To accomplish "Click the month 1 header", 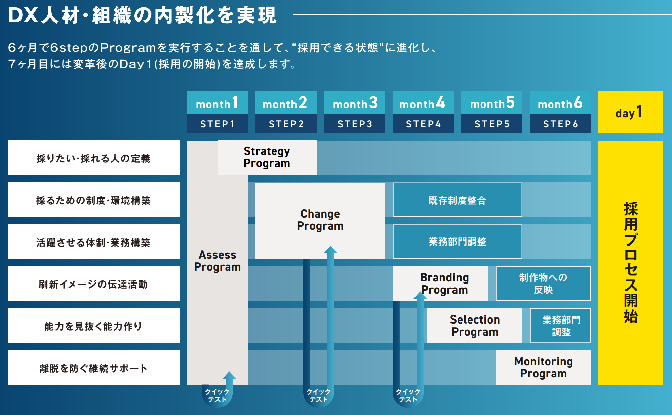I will coord(217,103).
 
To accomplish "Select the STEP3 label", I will coord(355,124).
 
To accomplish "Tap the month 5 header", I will coord(492,103).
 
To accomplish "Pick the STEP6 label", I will coord(560,124).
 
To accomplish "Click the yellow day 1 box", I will coord(630,112).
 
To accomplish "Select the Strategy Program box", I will coord(267,157).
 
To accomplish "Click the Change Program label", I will coord(320,220).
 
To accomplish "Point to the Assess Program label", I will coord(218,261).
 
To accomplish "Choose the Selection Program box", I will coord(475,325).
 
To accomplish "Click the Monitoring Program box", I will coord(543,367).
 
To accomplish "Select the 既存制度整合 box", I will coord(457,200).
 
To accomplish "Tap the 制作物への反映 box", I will coord(543,284).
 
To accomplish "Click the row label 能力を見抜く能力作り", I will coord(93,326).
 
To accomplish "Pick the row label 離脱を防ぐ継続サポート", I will coord(93,368).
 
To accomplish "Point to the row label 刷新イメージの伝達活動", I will coord(93,284).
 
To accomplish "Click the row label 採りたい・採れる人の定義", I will coord(93,158).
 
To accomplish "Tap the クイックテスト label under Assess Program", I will coord(217,395).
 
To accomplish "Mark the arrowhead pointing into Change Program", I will coord(330,250).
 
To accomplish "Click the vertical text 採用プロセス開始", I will coord(630,262).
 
